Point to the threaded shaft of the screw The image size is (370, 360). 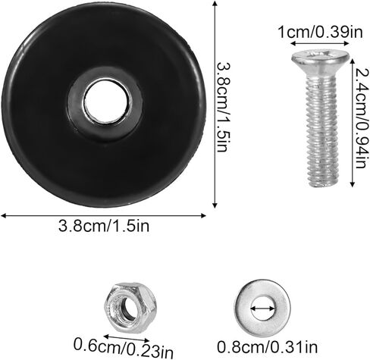pos(322,131)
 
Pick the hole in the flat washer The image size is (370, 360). pos(262,308)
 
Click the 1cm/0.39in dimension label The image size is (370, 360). pos(320,33)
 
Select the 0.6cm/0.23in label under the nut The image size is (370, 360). pos(124,349)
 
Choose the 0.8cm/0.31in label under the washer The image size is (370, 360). pos(268,347)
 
